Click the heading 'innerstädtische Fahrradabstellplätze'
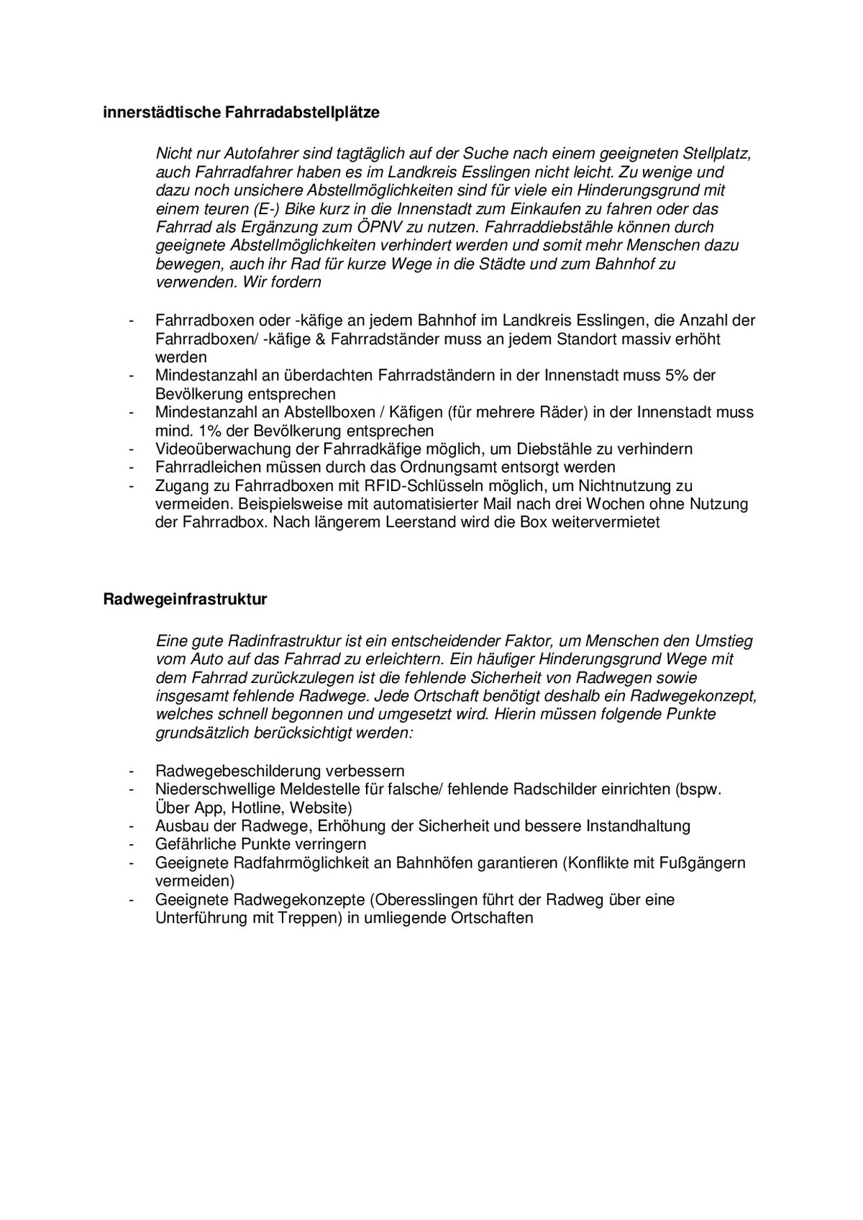241,113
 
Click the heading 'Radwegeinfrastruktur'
186,600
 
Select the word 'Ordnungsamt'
443,467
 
